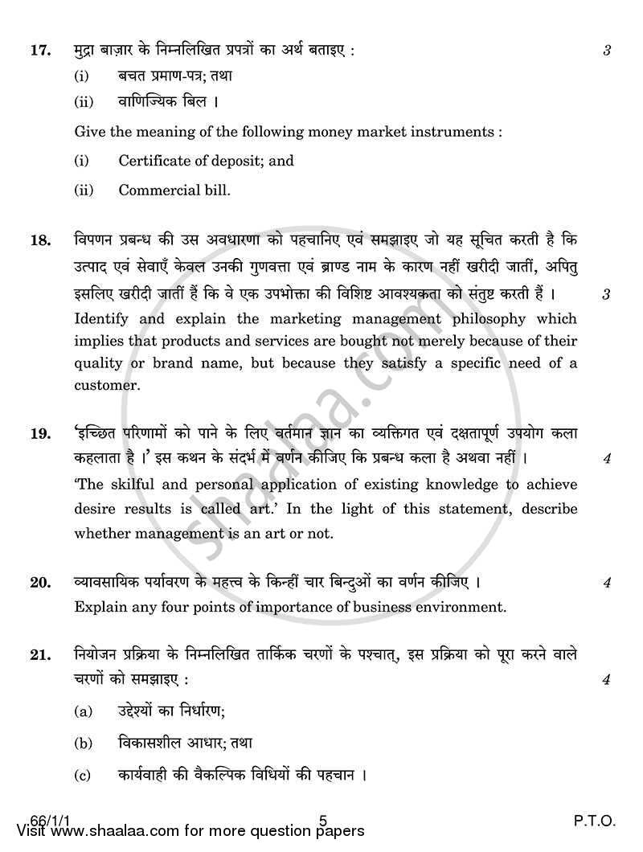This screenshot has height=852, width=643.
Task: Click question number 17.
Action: click(41, 51)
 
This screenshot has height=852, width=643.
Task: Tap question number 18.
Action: click(41, 240)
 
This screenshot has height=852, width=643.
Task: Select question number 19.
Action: click(41, 434)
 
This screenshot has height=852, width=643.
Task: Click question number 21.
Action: click(41, 656)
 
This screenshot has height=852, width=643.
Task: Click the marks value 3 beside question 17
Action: click(608, 51)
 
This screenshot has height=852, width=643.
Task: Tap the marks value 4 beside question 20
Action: click(608, 584)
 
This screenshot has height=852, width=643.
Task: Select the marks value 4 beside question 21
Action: click(608, 680)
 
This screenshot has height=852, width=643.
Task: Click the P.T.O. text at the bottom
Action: click(593, 821)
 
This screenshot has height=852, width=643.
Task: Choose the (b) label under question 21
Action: click(82, 744)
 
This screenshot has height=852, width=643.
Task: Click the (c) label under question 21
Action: click(82, 777)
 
